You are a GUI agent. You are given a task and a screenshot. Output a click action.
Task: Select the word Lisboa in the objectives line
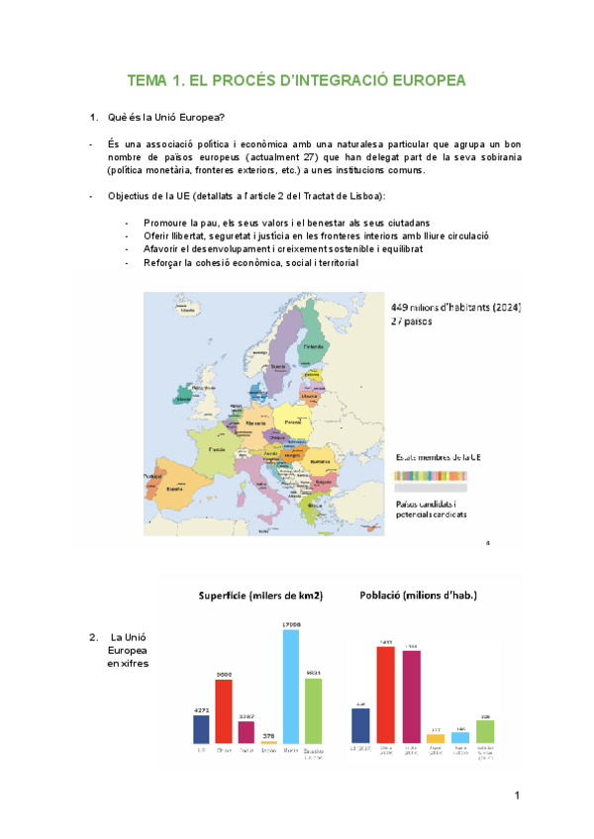364,195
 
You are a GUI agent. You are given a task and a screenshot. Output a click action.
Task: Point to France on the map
215,450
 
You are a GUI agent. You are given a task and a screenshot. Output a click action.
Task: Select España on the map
176,488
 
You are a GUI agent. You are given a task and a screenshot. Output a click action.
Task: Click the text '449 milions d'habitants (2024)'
455,308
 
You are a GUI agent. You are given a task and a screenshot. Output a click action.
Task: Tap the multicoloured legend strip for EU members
431,474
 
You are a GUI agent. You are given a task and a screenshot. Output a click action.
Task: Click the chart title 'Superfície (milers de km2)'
261,596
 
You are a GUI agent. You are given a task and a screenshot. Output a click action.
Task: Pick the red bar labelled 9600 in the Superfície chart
224,710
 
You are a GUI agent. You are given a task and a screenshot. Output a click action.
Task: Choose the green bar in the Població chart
484,731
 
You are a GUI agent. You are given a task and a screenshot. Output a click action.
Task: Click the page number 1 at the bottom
517,795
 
